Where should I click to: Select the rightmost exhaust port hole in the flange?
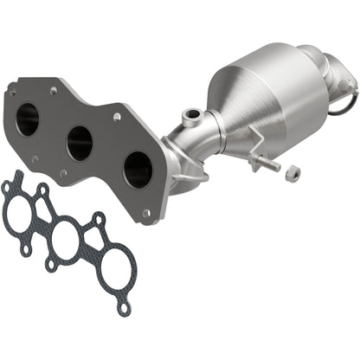pyautogui.click(x=138, y=170)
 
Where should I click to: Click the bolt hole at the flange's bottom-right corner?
pyautogui.click(x=146, y=212)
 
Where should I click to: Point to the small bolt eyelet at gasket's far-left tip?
pyautogui.click(x=7, y=185)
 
